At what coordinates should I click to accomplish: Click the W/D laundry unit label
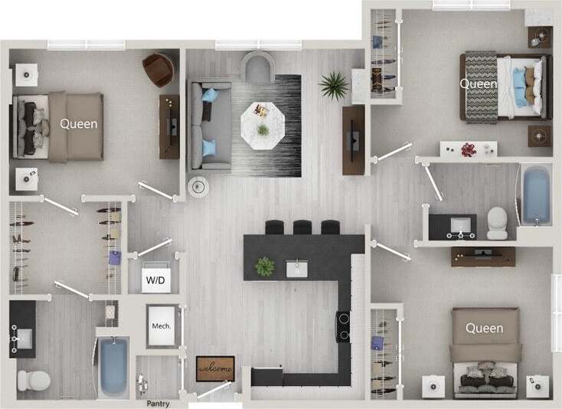tap(154, 280)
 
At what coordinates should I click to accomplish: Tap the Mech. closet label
tap(162, 326)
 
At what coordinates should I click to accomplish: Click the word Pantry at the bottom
tap(158, 404)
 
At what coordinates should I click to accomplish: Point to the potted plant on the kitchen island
tap(265, 267)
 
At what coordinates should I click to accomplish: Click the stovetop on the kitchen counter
tap(344, 326)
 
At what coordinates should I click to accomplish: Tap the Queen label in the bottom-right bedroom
tap(484, 329)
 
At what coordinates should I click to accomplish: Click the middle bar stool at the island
tap(302, 227)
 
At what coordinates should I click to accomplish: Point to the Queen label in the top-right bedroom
tap(478, 83)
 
